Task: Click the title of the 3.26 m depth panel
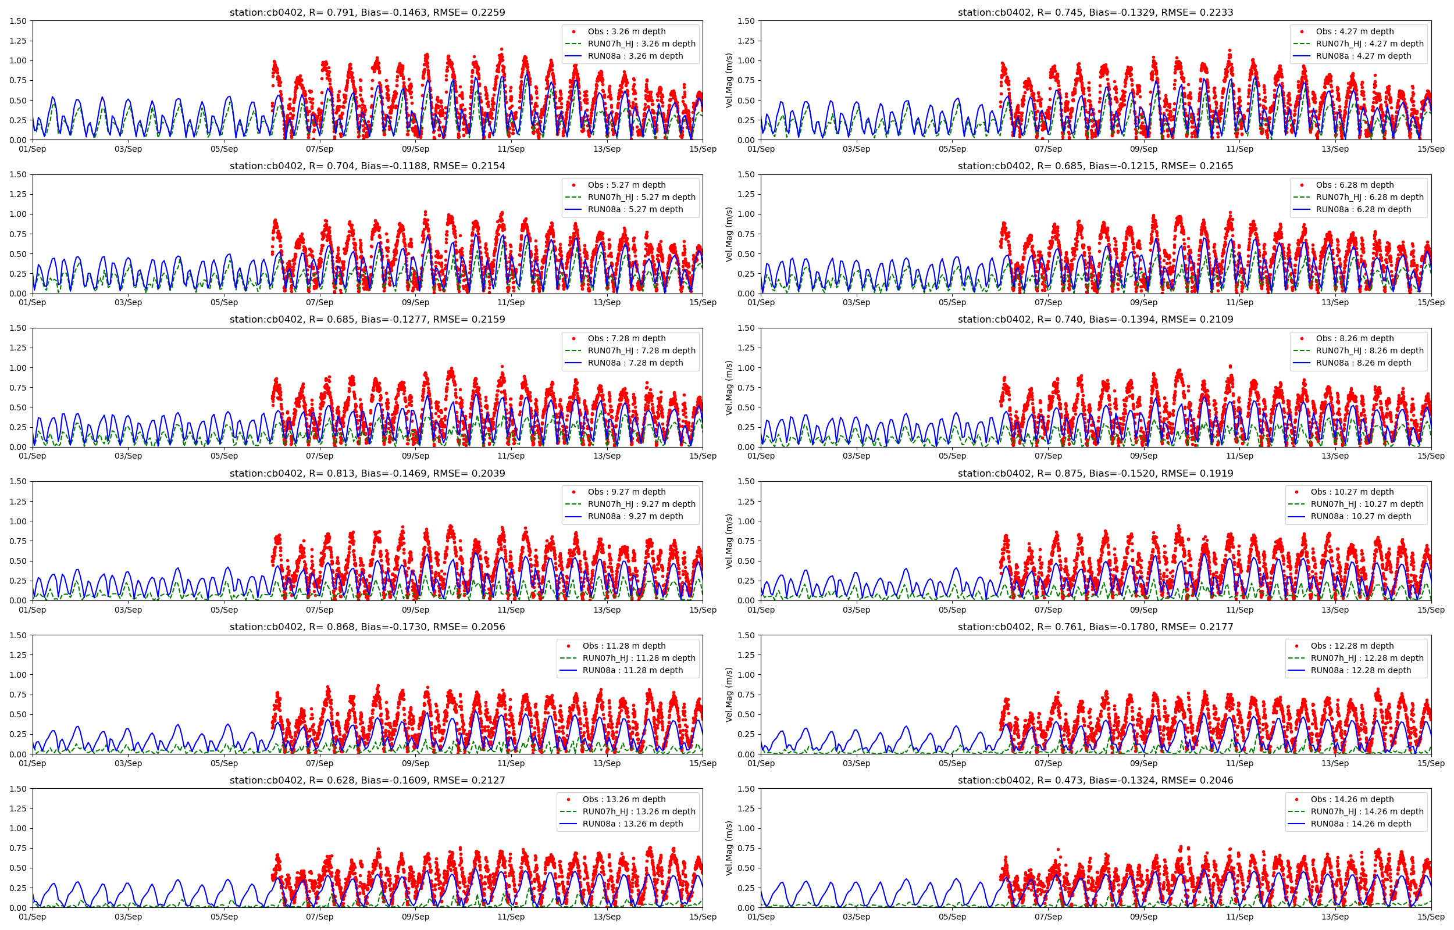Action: click(366, 12)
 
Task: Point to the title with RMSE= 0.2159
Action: click(366, 320)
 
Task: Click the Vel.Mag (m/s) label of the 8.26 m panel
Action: click(729, 388)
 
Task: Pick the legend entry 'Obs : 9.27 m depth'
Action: click(626, 492)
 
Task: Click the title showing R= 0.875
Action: click(1095, 474)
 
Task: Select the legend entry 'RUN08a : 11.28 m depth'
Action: click(632, 670)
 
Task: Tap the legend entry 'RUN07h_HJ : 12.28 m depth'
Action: click(1366, 658)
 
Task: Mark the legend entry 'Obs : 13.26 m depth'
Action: click(623, 799)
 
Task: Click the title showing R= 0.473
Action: click(1095, 780)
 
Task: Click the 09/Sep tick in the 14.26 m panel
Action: click(1143, 917)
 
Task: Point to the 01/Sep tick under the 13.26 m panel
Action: click(33, 917)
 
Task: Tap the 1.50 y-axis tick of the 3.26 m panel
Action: click(19, 21)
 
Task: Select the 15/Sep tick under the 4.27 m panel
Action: click(1431, 149)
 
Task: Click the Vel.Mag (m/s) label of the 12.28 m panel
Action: click(729, 695)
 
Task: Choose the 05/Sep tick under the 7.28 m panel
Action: click(224, 456)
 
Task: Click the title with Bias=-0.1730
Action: click(366, 627)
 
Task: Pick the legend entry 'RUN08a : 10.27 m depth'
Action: click(1360, 516)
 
